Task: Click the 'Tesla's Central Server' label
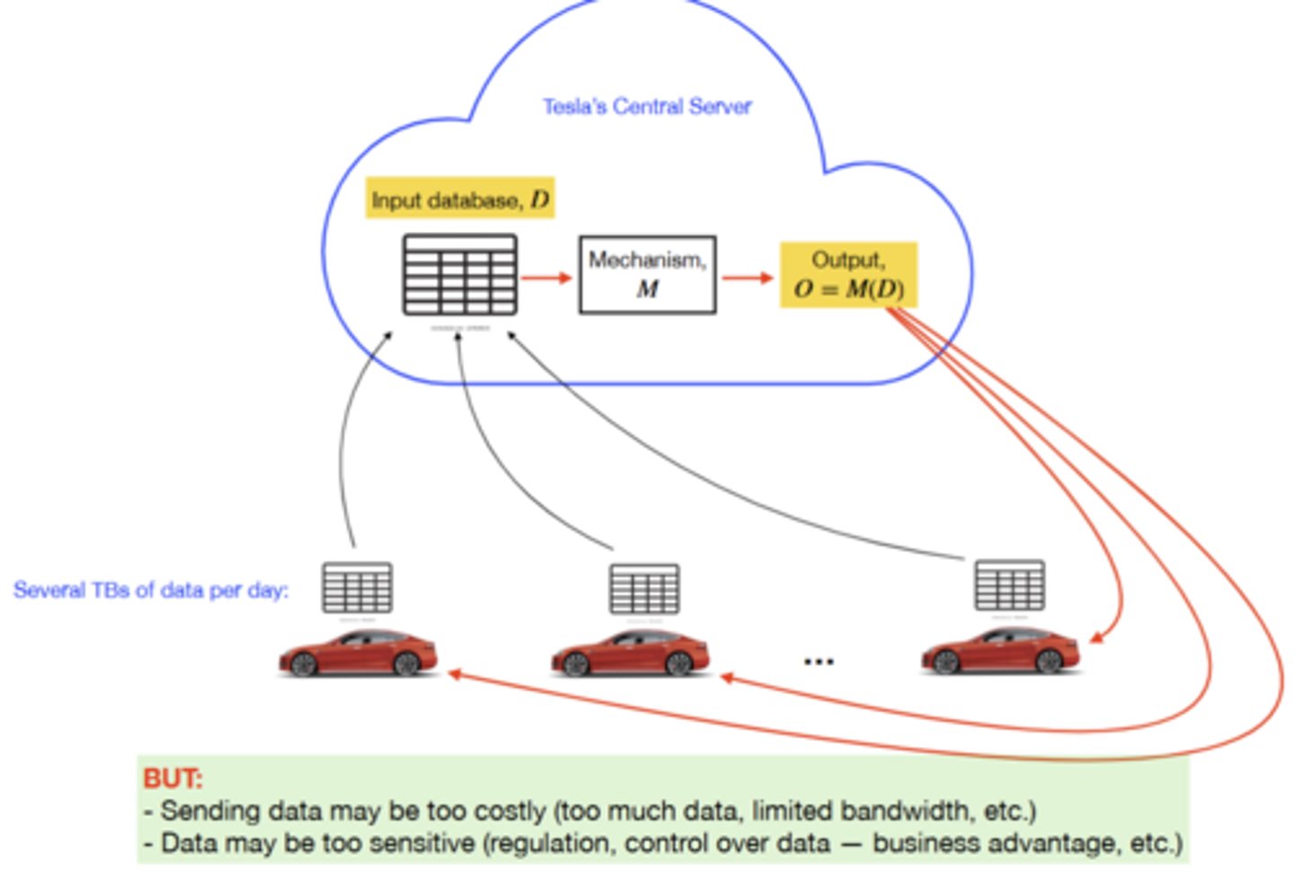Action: [x=646, y=106]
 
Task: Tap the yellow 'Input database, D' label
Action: [x=459, y=199]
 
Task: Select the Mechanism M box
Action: [x=647, y=274]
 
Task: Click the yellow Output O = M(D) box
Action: [x=848, y=275]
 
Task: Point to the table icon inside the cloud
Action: [x=459, y=275]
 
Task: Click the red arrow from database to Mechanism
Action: [x=546, y=277]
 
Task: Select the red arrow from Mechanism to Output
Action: [x=747, y=278]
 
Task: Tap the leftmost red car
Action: [x=358, y=654]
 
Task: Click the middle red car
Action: [x=630, y=654]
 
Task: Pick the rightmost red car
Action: [x=999, y=652]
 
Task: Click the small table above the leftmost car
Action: [x=357, y=588]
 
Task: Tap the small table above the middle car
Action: [x=643, y=589]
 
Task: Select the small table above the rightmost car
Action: [x=1009, y=585]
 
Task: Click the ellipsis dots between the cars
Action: [x=819, y=662]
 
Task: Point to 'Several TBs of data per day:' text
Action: [x=151, y=591]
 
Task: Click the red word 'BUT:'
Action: [x=173, y=778]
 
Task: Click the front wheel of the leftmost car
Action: [x=303, y=664]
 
